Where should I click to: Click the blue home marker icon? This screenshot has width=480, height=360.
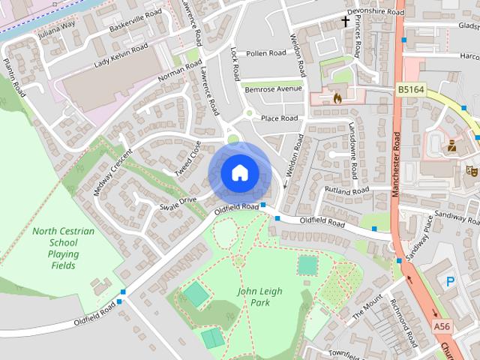point(239,173)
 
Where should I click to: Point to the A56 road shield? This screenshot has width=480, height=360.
point(443,326)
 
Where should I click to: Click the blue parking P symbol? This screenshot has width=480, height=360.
point(450,282)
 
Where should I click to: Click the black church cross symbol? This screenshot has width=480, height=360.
point(346,21)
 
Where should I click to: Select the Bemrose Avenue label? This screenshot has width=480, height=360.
point(273,89)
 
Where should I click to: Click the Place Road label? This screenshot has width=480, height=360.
point(279,118)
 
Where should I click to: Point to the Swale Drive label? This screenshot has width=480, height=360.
point(178,200)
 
